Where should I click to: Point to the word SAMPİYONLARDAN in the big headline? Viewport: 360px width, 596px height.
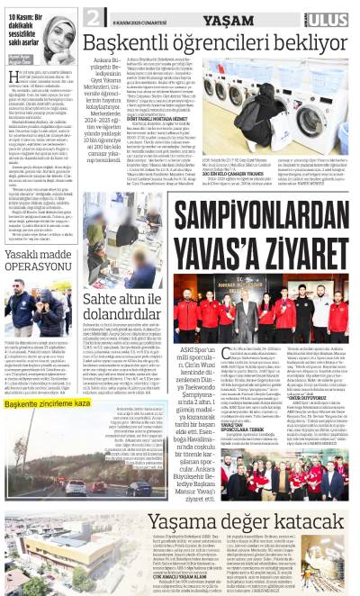tap(261, 215)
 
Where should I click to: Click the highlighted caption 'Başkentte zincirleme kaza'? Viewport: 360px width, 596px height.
tap(48, 404)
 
